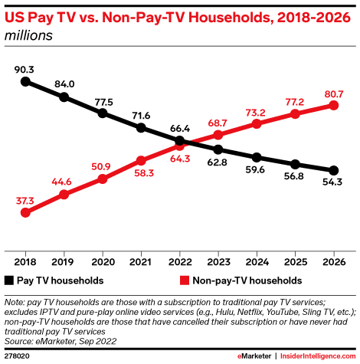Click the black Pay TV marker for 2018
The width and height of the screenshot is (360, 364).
[25, 80]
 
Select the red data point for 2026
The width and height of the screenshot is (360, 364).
[334, 105]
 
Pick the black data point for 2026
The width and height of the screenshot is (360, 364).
[334, 170]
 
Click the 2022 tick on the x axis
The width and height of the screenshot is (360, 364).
[179, 261]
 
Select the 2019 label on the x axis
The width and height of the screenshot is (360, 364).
[64, 261]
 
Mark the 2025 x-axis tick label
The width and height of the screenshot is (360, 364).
[296, 261]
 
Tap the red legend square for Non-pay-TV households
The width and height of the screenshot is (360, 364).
[184, 281]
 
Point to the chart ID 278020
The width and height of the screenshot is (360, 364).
[18, 356]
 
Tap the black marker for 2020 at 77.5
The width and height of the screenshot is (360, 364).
[103, 113]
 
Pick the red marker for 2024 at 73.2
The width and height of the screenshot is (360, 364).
[257, 123]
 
